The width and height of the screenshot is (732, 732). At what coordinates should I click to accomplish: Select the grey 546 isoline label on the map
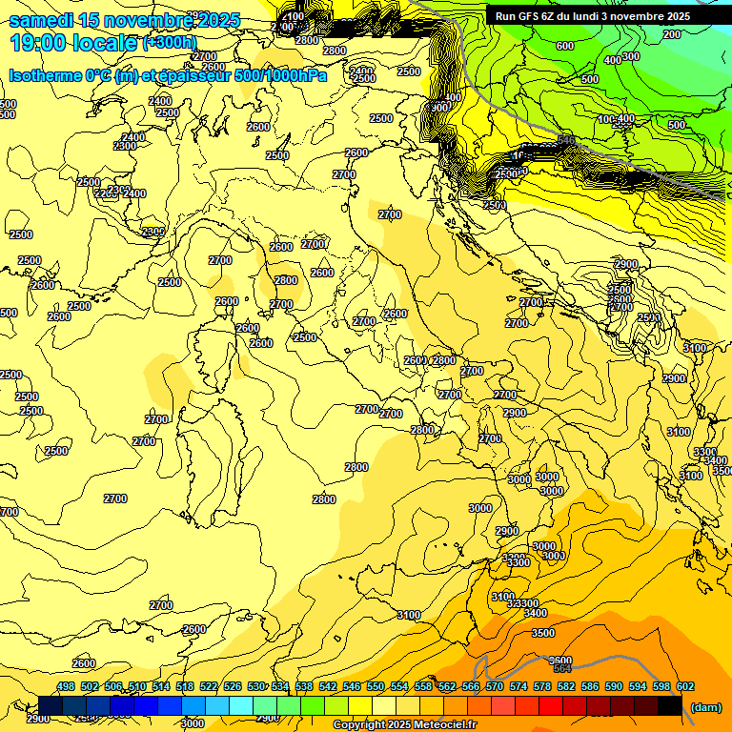pos(566,140)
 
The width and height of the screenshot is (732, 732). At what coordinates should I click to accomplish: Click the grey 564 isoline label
pos(561,668)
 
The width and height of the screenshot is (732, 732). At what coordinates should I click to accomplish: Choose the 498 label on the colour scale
pos(66,686)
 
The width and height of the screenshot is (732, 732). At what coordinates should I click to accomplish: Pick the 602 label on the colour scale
pos(684,686)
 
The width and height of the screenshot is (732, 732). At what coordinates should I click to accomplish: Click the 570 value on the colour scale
pos(494,686)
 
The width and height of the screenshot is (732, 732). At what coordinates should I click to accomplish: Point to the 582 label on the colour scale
pos(565,686)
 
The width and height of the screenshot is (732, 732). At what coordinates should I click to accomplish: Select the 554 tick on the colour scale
pos(398,686)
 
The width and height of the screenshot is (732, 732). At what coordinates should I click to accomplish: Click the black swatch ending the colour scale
pos(670,705)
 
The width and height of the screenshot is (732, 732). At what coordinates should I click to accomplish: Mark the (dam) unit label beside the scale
pos(706,706)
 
